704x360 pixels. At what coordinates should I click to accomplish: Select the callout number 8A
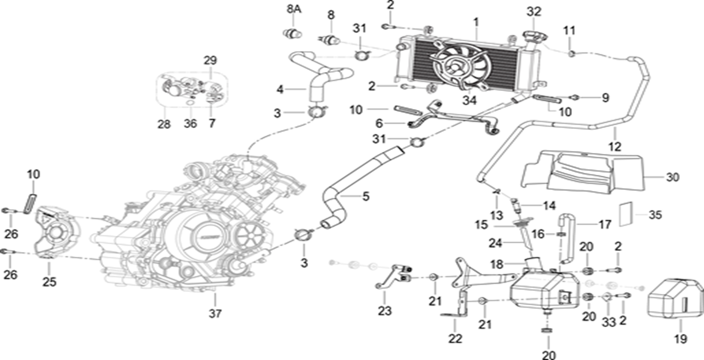coord(294,9)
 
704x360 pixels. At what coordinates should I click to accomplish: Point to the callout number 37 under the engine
coord(215,314)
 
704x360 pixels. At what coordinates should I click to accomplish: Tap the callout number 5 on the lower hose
coord(366,197)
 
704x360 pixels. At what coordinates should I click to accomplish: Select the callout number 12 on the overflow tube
coord(615,147)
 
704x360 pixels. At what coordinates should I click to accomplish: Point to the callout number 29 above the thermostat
coord(210,60)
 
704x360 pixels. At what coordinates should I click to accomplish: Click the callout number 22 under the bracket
coord(455,339)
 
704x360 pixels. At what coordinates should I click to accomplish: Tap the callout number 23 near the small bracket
coord(384,311)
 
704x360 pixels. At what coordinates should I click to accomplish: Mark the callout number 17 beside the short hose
coord(604,225)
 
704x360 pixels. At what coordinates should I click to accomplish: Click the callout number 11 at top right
coord(569,30)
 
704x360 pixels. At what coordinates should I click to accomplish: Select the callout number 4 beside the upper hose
coord(280,89)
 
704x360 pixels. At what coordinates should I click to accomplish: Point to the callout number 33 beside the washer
coord(609,323)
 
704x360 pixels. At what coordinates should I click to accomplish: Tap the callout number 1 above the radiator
coord(476,22)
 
